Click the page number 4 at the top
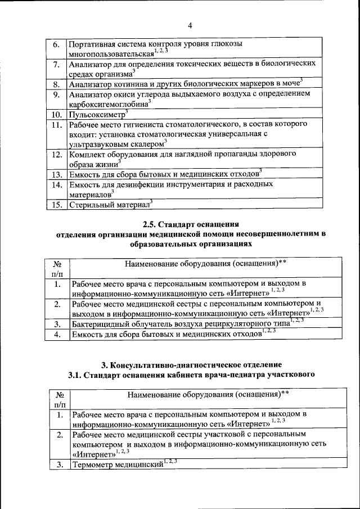pos(190,26)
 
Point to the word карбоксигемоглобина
pos(107,105)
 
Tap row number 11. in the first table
pos(55,125)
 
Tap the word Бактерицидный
pos(102,325)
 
